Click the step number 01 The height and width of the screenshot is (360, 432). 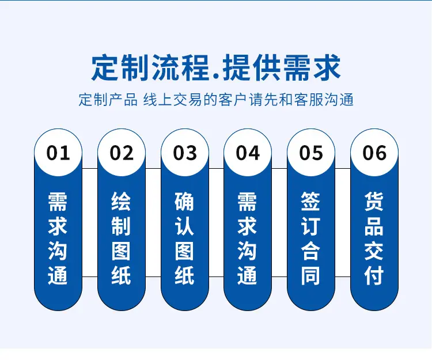pyautogui.click(x=58, y=153)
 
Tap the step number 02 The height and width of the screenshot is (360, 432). pyautogui.click(x=122, y=153)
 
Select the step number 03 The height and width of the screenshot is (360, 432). pyautogui.click(x=185, y=153)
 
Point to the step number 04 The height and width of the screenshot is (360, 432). pyautogui.click(x=248, y=153)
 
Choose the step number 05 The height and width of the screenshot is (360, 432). pyautogui.click(x=311, y=153)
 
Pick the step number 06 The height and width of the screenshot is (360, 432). pyautogui.click(x=374, y=153)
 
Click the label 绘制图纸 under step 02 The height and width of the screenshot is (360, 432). pyautogui.click(x=121, y=238)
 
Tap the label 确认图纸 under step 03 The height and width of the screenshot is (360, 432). pyautogui.click(x=184, y=238)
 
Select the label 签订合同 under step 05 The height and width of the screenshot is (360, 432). pyautogui.click(x=311, y=238)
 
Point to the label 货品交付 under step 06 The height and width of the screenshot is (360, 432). pyautogui.click(x=374, y=238)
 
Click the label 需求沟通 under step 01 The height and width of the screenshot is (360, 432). pyautogui.click(x=58, y=238)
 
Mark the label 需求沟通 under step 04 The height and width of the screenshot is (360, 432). pyautogui.click(x=248, y=238)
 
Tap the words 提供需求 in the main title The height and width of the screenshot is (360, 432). pyautogui.click(x=282, y=68)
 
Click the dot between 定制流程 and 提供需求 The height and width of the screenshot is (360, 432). pyautogui.click(x=216, y=77)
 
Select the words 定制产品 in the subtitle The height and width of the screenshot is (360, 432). pyautogui.click(x=108, y=100)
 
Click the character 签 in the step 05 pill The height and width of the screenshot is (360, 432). pyautogui.click(x=311, y=202)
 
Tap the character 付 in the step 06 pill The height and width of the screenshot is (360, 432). pyautogui.click(x=374, y=275)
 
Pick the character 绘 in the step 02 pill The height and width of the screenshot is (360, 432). pyautogui.click(x=121, y=202)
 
